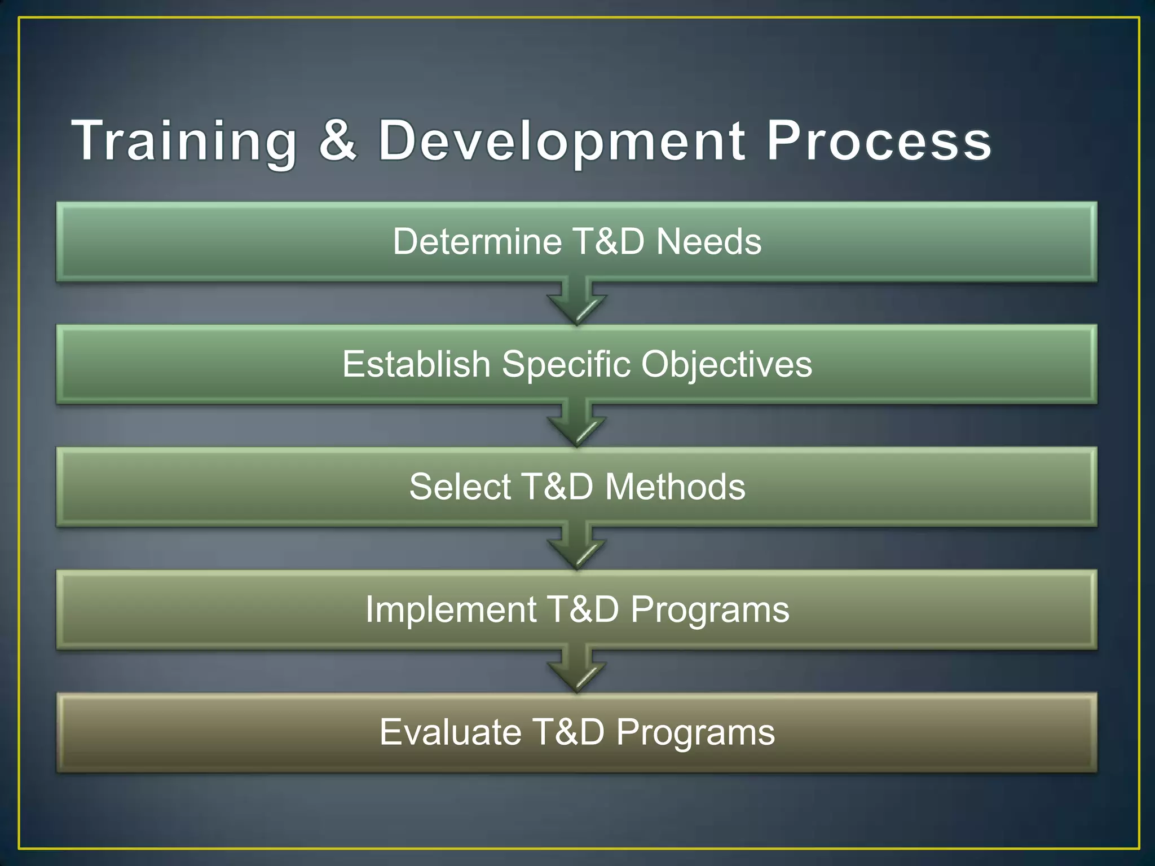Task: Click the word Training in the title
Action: [184, 141]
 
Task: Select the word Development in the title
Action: [561, 141]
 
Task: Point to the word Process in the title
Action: [878, 141]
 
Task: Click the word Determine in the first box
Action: [477, 241]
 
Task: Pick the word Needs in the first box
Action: [709, 241]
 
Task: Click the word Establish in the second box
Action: [416, 364]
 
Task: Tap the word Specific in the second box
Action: [566, 365]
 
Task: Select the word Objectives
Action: [726, 365]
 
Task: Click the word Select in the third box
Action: [460, 487]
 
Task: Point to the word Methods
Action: [675, 487]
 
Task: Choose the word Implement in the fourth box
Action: [451, 609]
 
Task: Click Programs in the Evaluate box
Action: [695, 733]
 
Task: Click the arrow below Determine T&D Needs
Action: [576, 303]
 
